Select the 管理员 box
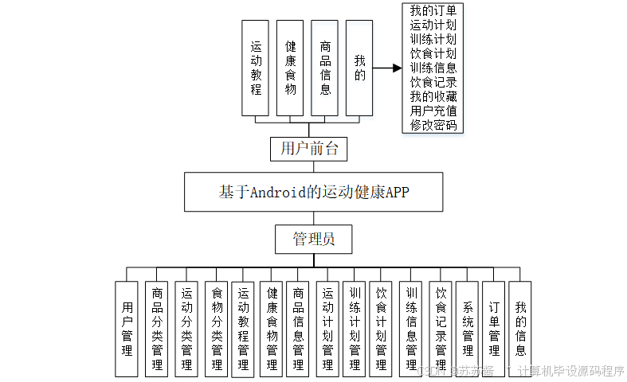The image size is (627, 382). click(x=312, y=239)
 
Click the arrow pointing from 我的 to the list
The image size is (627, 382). click(x=387, y=68)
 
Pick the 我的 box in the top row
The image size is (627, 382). click(x=359, y=68)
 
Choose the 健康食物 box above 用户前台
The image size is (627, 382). click(x=290, y=68)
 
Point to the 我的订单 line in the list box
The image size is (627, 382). click(x=433, y=11)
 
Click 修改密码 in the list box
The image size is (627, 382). click(x=433, y=125)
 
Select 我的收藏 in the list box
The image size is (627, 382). click(x=433, y=96)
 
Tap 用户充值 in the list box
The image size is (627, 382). click(x=433, y=111)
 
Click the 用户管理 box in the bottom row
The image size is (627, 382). click(x=126, y=329)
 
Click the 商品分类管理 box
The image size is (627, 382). click(x=158, y=329)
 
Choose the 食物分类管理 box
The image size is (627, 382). click(x=216, y=329)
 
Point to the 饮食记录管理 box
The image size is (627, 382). click(x=441, y=329)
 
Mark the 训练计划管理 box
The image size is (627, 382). click(x=355, y=329)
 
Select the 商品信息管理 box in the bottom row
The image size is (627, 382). click(x=298, y=329)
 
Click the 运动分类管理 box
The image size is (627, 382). click(x=186, y=329)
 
